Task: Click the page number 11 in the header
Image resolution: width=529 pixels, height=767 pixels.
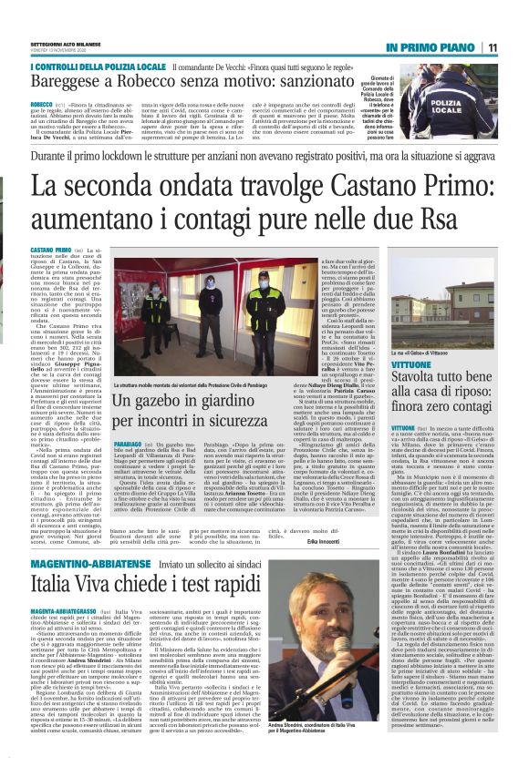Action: (517, 47)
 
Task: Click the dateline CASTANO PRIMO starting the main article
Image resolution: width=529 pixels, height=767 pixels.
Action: (51, 250)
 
